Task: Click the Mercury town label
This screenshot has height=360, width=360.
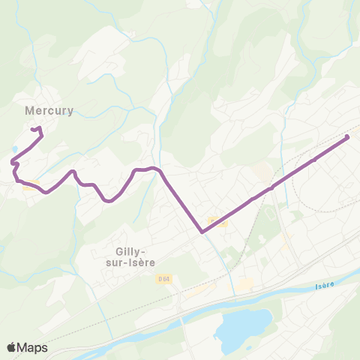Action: tap(49, 111)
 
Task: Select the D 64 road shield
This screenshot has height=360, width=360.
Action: tap(163, 279)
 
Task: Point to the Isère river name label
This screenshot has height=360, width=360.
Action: tap(323, 286)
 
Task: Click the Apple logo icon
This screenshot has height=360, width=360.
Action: tap(12, 347)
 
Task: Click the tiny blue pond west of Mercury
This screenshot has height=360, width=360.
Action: tap(13, 149)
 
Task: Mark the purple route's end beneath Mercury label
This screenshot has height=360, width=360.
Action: tap(32, 130)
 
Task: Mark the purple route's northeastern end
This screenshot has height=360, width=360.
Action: tap(347, 137)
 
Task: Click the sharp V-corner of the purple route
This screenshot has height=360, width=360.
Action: tap(202, 232)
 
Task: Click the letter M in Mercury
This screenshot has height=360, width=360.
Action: tap(30, 111)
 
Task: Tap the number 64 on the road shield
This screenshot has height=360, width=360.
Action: tap(166, 279)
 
